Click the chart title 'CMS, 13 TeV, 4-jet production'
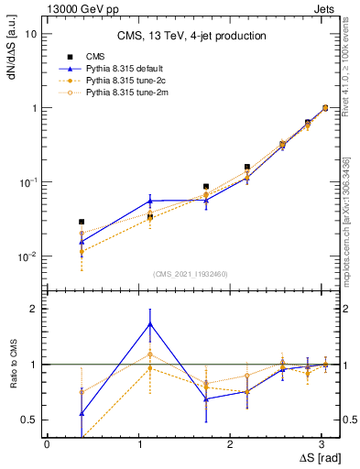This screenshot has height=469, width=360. pos(191,36)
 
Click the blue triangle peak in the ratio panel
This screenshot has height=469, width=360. pos(149,324)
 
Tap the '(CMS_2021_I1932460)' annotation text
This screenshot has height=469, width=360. pos(191,274)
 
